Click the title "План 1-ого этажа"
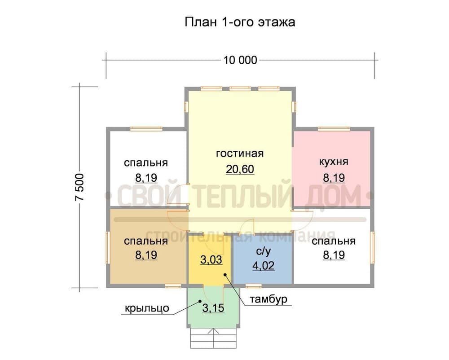click(x=240, y=22)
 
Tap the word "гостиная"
click(x=239, y=154)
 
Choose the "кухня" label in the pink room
click(x=334, y=162)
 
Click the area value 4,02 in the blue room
click(x=264, y=265)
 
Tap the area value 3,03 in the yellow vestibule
click(x=210, y=260)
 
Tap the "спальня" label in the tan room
click(x=146, y=241)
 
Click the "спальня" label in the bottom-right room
click(x=334, y=241)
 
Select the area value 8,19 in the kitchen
click(x=334, y=178)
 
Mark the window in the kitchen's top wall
click(x=334, y=129)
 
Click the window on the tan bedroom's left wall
click(x=108, y=248)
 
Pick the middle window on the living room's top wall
click(x=240, y=88)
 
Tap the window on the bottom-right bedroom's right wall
click(x=372, y=248)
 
